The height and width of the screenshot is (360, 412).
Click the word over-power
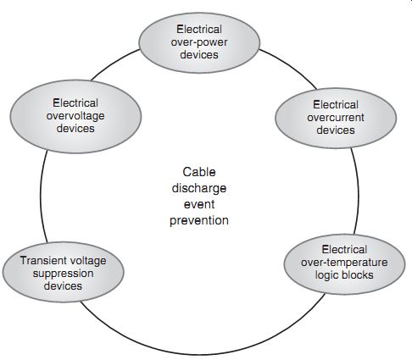pyautogui.click(x=199, y=42)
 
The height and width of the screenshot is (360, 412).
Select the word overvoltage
pyautogui.click(x=75, y=116)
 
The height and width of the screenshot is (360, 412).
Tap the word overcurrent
pyautogui.click(x=336, y=118)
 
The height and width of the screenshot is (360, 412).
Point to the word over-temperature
pyautogui.click(x=344, y=263)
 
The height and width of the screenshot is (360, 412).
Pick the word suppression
pyautogui.click(x=63, y=274)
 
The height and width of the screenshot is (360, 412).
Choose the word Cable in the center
pyautogui.click(x=199, y=172)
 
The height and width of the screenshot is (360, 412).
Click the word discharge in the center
pyautogui.click(x=199, y=188)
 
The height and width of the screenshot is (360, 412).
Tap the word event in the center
pyautogui.click(x=199, y=204)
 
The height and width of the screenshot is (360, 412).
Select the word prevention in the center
pyautogui.click(x=199, y=220)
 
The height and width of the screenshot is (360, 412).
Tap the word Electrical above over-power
pyautogui.click(x=199, y=30)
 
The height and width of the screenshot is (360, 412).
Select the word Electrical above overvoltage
pyautogui.click(x=75, y=102)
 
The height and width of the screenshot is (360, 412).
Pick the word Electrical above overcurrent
pyautogui.click(x=336, y=104)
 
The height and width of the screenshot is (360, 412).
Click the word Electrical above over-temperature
pyautogui.click(x=344, y=250)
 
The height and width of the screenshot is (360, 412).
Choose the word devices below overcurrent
pyautogui.click(x=336, y=130)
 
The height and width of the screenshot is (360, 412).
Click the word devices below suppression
pyautogui.click(x=63, y=286)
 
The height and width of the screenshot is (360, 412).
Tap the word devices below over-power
pyautogui.click(x=199, y=55)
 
